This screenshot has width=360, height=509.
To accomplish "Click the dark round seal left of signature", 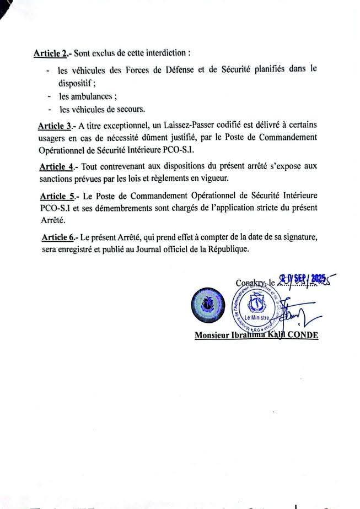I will [x=206, y=306].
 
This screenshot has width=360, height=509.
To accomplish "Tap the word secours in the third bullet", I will [x=129, y=109].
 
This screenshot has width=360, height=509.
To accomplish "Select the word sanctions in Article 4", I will [x=57, y=178].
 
